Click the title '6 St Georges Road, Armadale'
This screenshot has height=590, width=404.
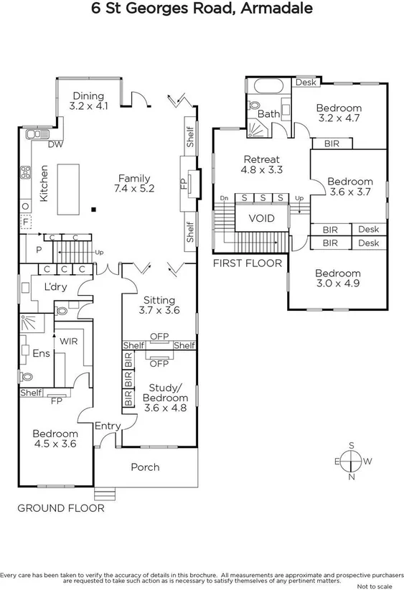click(x=202, y=9)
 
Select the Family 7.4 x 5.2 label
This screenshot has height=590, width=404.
click(x=134, y=183)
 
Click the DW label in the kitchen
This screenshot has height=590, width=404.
click(x=55, y=144)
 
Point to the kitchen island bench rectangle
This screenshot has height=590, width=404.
click(x=70, y=189)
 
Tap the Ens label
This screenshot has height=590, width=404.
click(x=40, y=352)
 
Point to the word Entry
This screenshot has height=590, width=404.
click(x=108, y=426)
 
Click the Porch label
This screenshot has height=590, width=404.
click(x=145, y=467)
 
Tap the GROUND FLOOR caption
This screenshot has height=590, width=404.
click(x=61, y=508)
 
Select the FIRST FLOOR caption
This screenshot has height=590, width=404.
click(x=248, y=263)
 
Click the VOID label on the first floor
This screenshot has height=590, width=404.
click(x=261, y=218)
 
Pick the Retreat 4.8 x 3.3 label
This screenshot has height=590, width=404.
click(x=261, y=164)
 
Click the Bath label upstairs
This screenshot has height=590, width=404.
click(x=268, y=114)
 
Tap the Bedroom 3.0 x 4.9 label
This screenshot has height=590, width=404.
click(x=337, y=278)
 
